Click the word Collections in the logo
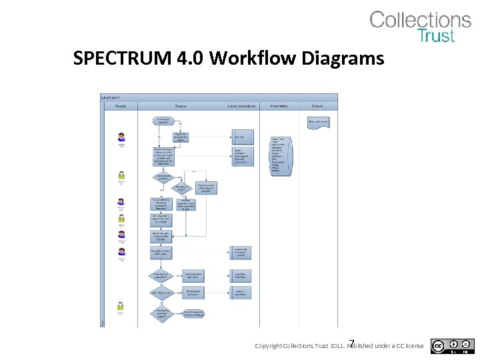tap(420, 20)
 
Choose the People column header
tap(121, 106)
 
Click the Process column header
tap(181, 106)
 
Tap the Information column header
tap(279, 106)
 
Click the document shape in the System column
tap(318, 122)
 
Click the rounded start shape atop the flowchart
tap(163, 121)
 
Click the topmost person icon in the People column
tap(121, 137)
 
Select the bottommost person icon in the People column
tap(121, 306)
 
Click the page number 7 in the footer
tap(352, 341)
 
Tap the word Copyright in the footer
tap(269, 346)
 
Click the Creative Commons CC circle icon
tap(438, 345)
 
